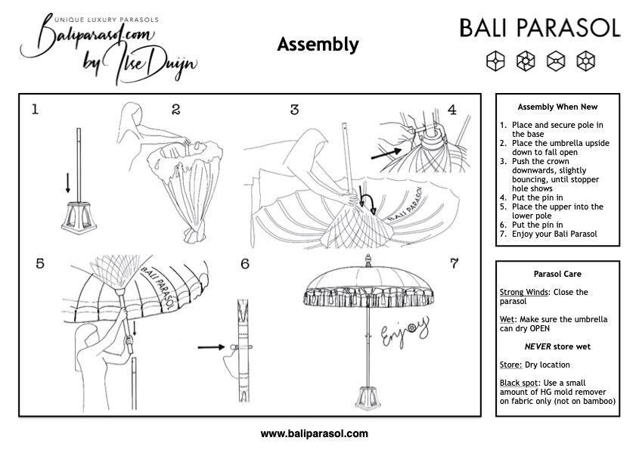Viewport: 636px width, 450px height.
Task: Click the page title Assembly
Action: click(x=318, y=45)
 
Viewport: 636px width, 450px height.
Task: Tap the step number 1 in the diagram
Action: click(x=35, y=109)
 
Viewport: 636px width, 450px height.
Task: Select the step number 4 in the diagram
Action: click(x=452, y=109)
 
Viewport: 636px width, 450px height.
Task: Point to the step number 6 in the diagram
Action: click(x=244, y=264)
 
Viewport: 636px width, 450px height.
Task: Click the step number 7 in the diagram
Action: click(x=454, y=264)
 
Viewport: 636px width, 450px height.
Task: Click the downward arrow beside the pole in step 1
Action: click(x=68, y=182)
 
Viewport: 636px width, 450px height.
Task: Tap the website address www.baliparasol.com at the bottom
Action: click(x=314, y=434)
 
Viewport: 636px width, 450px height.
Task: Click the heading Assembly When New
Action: click(x=557, y=107)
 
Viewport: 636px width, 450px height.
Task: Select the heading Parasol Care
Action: click(x=557, y=274)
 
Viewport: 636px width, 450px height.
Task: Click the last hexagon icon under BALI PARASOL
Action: click(x=585, y=59)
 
